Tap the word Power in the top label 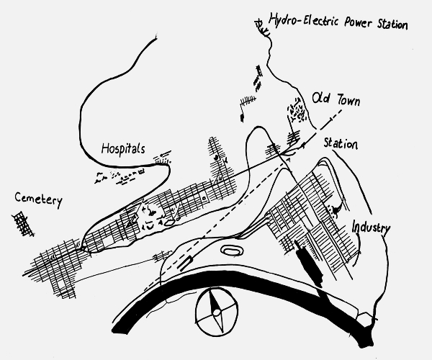pyautogui.click(x=358, y=22)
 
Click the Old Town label pyautogui.click(x=336, y=99)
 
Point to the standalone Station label pyautogui.click(x=341, y=143)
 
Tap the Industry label pyautogui.click(x=371, y=228)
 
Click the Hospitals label pyautogui.click(x=123, y=149)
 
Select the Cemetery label pyautogui.click(x=39, y=199)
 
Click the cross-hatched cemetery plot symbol pyautogui.click(x=23, y=224)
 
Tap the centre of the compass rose pyautogui.click(x=217, y=312)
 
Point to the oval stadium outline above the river pyautogui.click(x=232, y=251)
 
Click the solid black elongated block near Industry pyautogui.click(x=309, y=264)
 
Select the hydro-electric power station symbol pyautogui.click(x=262, y=28)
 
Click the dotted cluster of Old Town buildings pyautogui.click(x=297, y=109)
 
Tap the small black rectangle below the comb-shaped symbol pyautogui.click(x=242, y=118)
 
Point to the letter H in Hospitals pyautogui.click(x=105, y=148)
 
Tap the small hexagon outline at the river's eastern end pyautogui.click(x=364, y=318)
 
